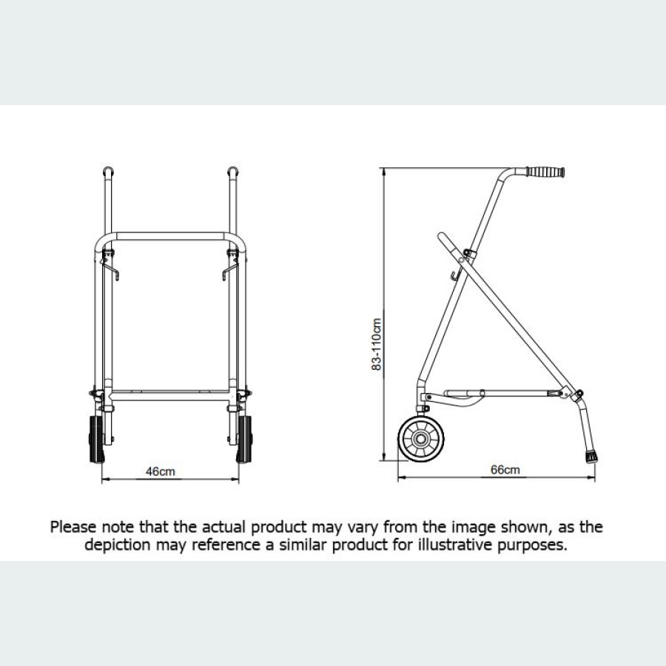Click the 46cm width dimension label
tap(161, 471)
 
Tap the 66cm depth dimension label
tap(505, 470)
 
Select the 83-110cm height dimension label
tap(377, 343)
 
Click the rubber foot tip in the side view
tap(591, 455)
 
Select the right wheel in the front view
tap(243, 440)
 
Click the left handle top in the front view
tap(107, 172)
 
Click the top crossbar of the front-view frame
tap(171, 235)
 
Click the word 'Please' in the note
tap(73, 528)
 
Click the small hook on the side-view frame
tap(452, 277)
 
